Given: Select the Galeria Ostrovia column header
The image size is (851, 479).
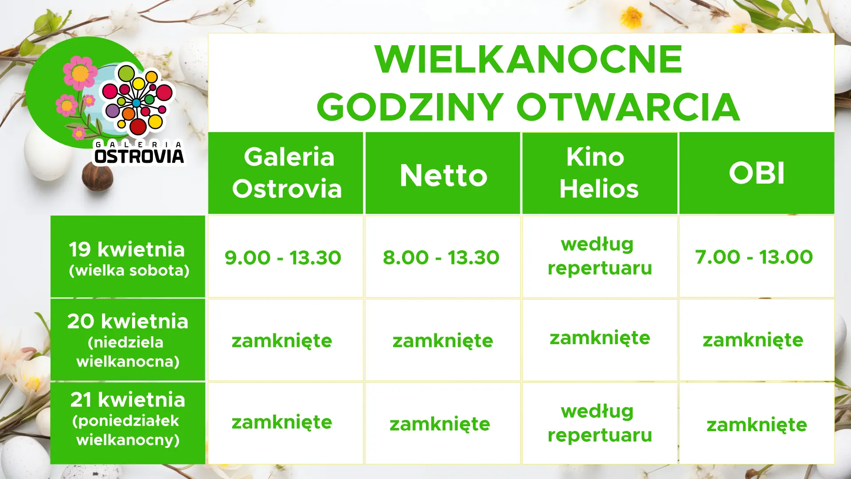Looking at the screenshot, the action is [x=286, y=173].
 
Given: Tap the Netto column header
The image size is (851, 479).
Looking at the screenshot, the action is [x=443, y=173].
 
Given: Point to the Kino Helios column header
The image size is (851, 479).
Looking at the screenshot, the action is [x=600, y=173].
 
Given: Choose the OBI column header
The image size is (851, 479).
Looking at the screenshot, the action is [x=757, y=173].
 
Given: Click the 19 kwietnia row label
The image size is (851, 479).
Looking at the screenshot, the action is [x=128, y=256].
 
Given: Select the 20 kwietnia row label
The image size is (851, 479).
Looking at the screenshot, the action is [x=128, y=340].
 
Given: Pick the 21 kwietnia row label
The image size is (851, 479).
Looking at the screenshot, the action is [x=128, y=423].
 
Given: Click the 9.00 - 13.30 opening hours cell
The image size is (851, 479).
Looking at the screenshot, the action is [x=286, y=257].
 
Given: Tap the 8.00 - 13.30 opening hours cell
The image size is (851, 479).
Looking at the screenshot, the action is [x=443, y=257].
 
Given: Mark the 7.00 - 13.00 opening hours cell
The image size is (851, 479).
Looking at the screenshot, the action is [x=757, y=257].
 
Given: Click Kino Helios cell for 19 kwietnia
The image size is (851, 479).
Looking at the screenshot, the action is [x=600, y=257].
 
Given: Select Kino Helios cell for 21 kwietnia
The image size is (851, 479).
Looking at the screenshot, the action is [x=600, y=423].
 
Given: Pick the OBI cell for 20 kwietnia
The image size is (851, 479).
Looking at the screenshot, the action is [x=757, y=340].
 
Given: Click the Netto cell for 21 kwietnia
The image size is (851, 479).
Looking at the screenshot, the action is [x=443, y=423].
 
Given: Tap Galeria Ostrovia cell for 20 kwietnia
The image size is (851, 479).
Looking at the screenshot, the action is [x=286, y=340].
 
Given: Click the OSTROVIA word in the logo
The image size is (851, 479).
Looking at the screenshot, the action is [x=139, y=156].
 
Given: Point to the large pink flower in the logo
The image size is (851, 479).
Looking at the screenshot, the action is [x=80, y=72].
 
